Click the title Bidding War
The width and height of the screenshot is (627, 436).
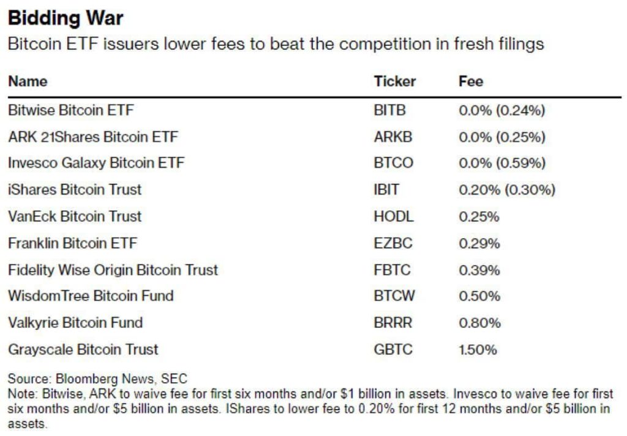[x=66, y=18]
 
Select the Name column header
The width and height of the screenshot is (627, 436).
[x=28, y=81]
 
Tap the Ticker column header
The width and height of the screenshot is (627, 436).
[x=394, y=81]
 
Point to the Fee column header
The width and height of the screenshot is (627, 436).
[x=470, y=81]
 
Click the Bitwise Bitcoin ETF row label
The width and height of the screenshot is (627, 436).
[x=70, y=111]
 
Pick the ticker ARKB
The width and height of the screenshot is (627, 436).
[x=392, y=137]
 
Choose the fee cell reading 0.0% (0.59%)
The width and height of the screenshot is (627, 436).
[x=501, y=163]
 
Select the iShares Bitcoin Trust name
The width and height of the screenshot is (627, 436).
[x=75, y=190]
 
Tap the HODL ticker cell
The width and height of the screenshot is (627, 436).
[x=393, y=217]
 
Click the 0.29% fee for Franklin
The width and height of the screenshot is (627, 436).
[x=479, y=243]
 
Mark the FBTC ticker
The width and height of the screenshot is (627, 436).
[x=392, y=270]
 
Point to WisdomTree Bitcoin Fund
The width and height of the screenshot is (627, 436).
[x=91, y=296]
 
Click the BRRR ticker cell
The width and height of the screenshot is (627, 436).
[x=392, y=323]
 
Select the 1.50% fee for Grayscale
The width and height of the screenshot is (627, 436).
[x=478, y=350]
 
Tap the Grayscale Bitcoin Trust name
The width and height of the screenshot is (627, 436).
[x=83, y=350]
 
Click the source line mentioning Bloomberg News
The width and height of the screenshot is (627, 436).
[x=97, y=379]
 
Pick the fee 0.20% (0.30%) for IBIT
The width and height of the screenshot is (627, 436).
[x=506, y=190]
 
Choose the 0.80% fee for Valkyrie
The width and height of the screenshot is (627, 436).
[x=479, y=323]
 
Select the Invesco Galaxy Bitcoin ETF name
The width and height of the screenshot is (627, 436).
[x=96, y=163]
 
